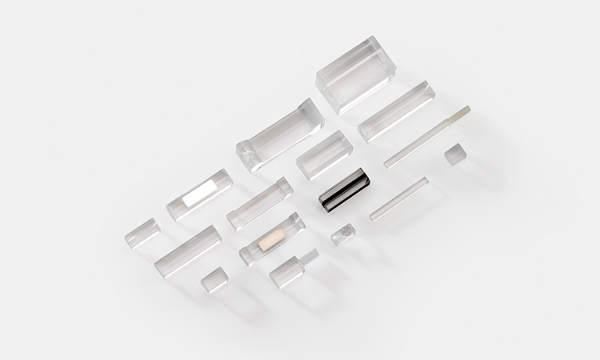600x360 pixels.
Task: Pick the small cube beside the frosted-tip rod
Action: [455, 154]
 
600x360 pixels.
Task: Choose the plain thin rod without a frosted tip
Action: [398, 198]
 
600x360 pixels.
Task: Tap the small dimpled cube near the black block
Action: [342, 233]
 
